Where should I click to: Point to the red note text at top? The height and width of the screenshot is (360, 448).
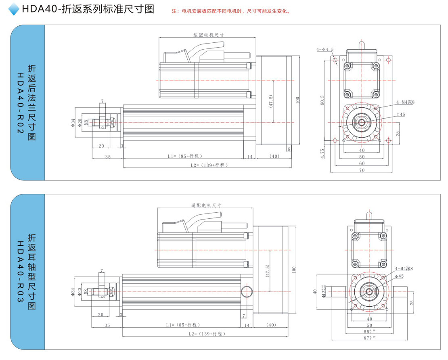231,11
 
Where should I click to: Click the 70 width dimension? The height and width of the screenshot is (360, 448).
362,170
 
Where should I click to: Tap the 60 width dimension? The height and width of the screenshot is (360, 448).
362,163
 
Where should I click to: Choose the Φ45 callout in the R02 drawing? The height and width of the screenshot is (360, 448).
400,114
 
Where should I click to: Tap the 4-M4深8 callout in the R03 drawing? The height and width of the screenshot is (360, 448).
404,268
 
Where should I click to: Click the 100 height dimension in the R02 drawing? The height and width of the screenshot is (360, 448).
298,100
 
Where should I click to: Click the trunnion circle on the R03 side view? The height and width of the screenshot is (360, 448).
246,291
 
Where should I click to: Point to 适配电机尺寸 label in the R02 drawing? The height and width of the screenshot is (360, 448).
208,35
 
